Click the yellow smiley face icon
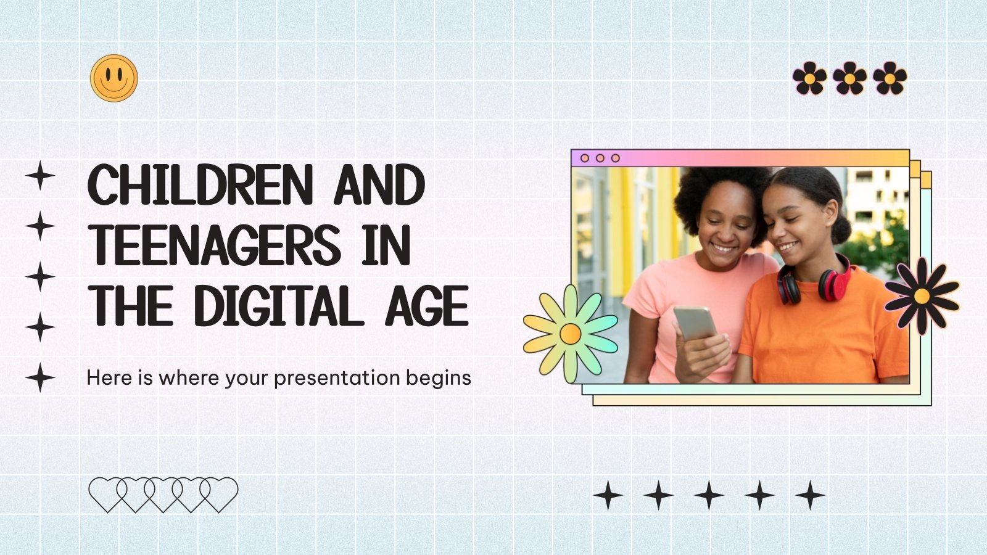114,78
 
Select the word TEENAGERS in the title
216,245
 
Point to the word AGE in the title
427,306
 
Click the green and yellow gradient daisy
570,334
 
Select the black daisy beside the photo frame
922,296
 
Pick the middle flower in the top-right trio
849,78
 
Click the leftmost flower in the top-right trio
809,78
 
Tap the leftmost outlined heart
107,493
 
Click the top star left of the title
40,176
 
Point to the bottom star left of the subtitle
40,377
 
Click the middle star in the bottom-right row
709,495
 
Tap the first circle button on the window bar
585,158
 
